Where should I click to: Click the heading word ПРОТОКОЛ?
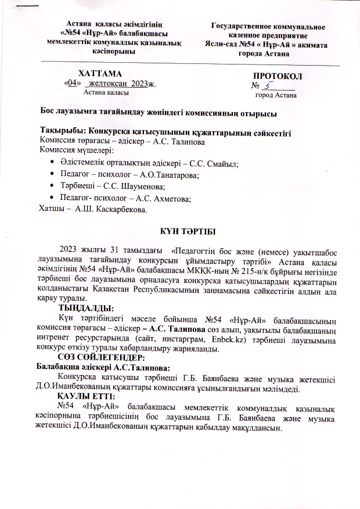(x=278, y=76)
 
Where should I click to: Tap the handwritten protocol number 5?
(x=268, y=85)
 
